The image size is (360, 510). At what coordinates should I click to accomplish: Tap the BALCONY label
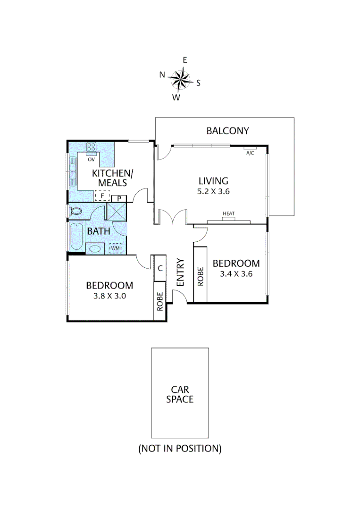(227, 131)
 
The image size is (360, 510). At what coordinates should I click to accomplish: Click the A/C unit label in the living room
(249, 153)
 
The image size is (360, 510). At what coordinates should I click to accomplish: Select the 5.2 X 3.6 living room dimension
(213, 191)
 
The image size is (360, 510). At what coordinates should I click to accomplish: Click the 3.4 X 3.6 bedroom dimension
(236, 273)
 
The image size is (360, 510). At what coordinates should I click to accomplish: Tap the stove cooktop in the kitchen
(92, 147)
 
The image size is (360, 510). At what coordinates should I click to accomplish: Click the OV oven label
(92, 159)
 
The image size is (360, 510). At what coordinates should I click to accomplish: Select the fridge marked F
(102, 195)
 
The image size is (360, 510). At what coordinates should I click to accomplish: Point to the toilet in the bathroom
(75, 210)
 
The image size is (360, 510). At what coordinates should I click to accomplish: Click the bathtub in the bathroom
(76, 236)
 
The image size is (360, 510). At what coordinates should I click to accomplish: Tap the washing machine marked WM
(116, 248)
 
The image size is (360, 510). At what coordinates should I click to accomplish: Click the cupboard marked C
(160, 268)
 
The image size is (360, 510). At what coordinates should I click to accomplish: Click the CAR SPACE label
(180, 394)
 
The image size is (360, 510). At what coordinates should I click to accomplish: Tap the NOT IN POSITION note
(180, 448)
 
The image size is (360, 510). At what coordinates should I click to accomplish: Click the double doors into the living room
(174, 218)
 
